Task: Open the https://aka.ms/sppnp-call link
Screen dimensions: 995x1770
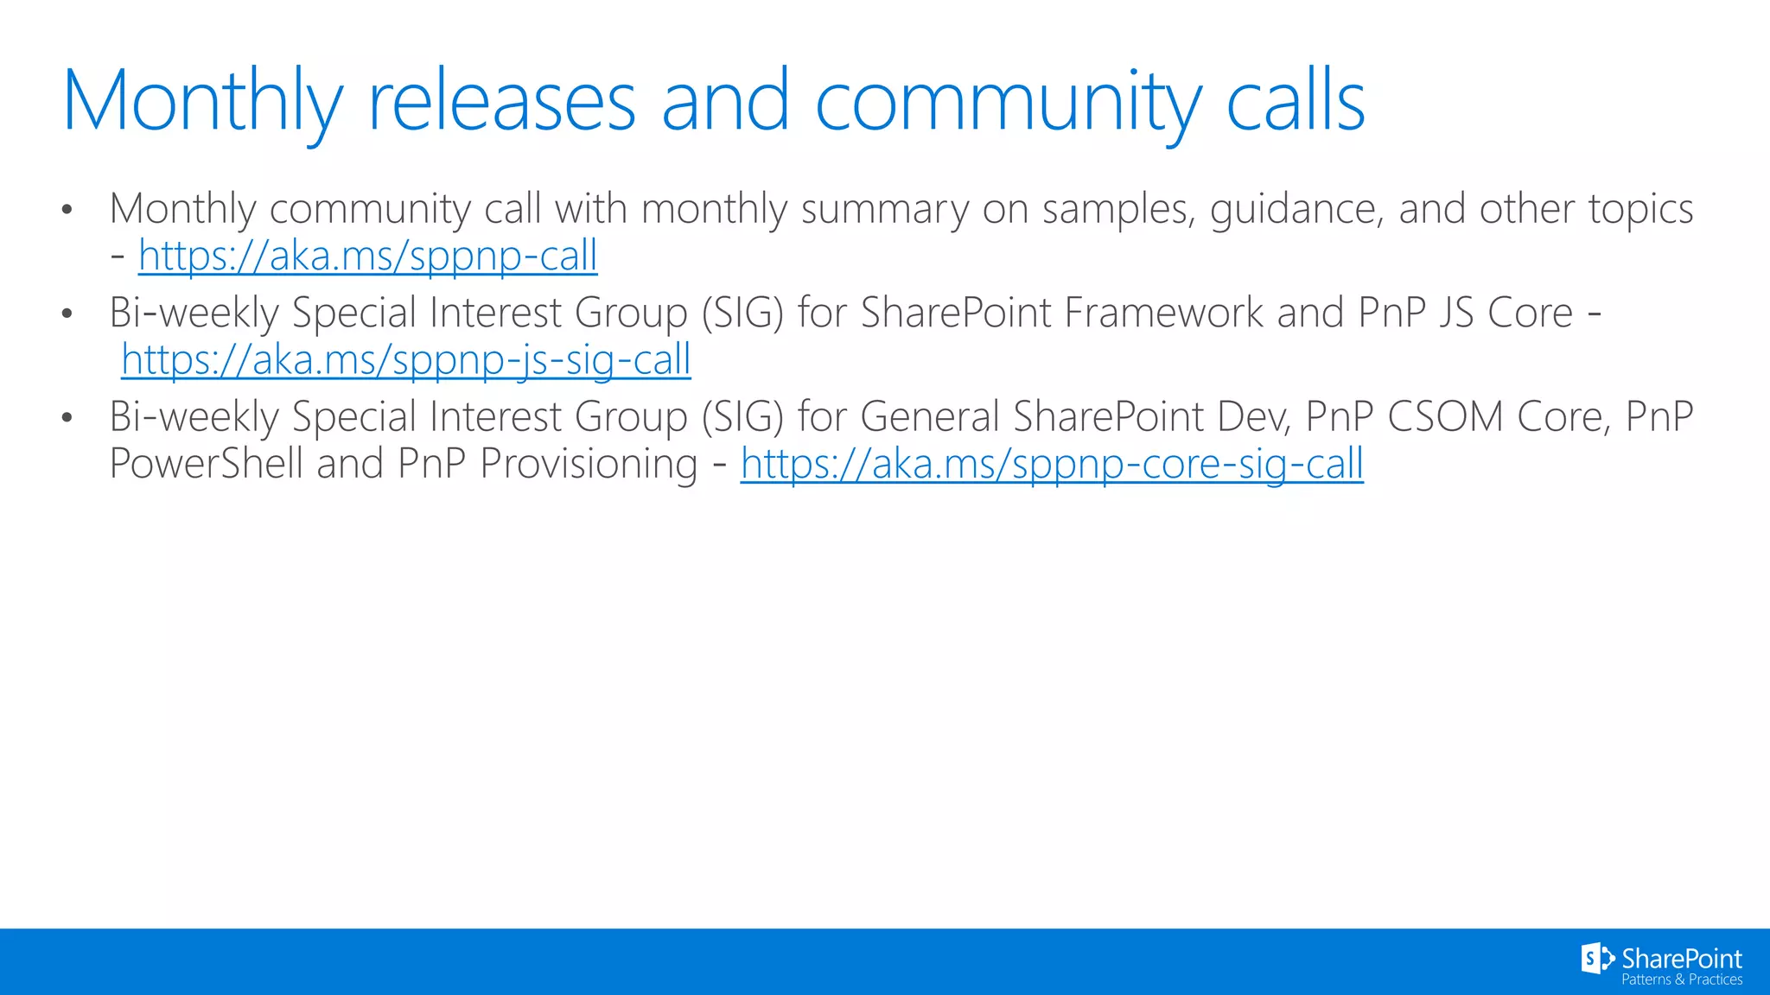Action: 367,257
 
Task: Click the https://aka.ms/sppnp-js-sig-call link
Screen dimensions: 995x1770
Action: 405,360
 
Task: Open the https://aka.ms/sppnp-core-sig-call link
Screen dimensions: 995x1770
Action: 1052,465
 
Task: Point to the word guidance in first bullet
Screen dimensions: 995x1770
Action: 1296,210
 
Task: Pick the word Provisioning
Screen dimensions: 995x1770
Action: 589,465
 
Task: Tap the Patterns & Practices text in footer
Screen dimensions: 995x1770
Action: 1681,979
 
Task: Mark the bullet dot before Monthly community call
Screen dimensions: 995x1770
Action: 67,210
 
